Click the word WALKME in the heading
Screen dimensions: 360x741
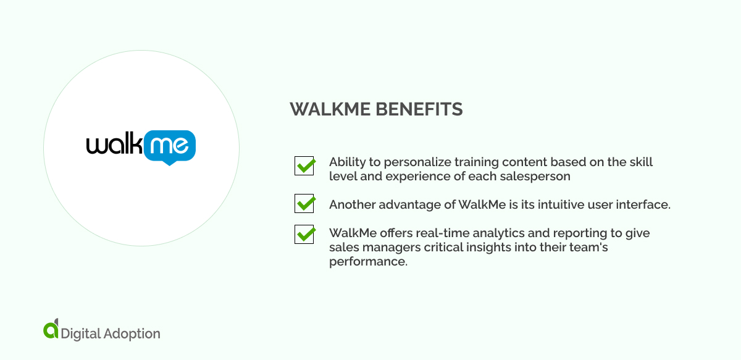coord(325,110)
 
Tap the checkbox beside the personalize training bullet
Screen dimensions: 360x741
coord(304,165)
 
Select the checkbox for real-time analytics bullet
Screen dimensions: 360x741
coord(304,234)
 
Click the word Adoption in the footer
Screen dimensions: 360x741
coord(132,333)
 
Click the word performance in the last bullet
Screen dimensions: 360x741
coord(368,261)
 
